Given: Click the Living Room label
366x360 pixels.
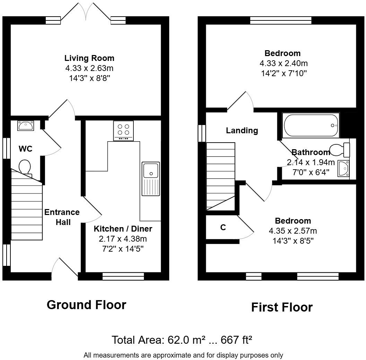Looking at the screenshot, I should (x=89, y=58).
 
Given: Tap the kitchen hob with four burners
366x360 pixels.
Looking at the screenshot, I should (x=123, y=130).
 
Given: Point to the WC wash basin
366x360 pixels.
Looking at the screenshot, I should (x=25, y=125).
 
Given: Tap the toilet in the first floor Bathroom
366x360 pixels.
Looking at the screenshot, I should (x=340, y=150).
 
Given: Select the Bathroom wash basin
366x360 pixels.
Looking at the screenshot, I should (x=343, y=169).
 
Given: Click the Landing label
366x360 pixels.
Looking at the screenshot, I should (x=242, y=130).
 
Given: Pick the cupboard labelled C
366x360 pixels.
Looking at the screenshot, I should (x=223, y=227).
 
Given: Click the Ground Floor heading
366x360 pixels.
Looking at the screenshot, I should (x=86, y=305).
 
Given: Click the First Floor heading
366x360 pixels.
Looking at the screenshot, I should (x=281, y=307).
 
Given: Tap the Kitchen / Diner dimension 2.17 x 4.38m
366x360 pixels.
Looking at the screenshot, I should (x=123, y=238).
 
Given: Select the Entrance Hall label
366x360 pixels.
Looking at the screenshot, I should (x=62, y=217).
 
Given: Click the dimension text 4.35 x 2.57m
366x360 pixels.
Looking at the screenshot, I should (x=293, y=231).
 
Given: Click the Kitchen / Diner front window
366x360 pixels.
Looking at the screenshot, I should (x=123, y=276).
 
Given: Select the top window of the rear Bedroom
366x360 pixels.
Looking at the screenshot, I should (x=281, y=20).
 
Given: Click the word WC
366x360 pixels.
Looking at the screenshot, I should (x=25, y=149).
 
